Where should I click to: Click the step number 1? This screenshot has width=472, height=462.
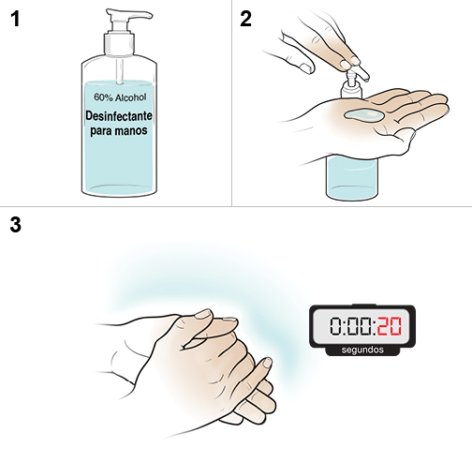pyautogui.click(x=14, y=20)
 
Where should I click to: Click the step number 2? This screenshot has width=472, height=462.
pyautogui.click(x=246, y=20)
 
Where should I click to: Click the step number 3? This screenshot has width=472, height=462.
pyautogui.click(x=14, y=225)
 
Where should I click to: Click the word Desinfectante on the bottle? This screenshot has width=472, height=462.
pyautogui.click(x=119, y=115)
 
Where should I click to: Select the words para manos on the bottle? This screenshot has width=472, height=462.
pyautogui.click(x=119, y=131)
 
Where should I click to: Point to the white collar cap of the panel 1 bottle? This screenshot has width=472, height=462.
pyautogui.click(x=119, y=44)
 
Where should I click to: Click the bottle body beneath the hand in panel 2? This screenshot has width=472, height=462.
pyautogui.click(x=351, y=173)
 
